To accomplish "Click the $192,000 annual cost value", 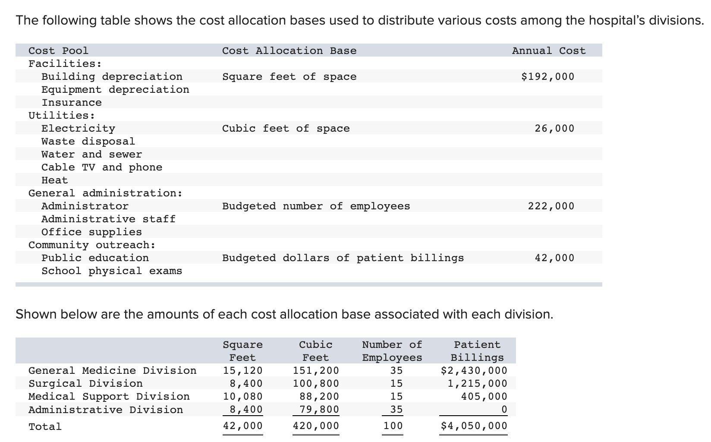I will pyautogui.click(x=547, y=77).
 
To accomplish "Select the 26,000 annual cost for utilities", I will pyautogui.click(x=554, y=129).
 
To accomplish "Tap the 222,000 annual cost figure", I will pyautogui.click(x=551, y=206).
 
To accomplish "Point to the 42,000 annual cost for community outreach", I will pyautogui.click(x=554, y=258).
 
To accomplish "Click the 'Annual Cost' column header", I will pyautogui.click(x=548, y=51).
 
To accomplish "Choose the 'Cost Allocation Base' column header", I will pyautogui.click(x=289, y=51).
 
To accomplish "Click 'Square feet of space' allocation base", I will pyautogui.click(x=289, y=77).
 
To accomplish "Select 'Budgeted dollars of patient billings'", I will pyautogui.click(x=343, y=258).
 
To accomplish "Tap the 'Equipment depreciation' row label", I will pyautogui.click(x=115, y=90).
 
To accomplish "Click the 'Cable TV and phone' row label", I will pyautogui.click(x=102, y=167).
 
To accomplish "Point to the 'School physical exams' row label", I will pyautogui.click(x=112, y=271).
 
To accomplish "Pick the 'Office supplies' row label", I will pyautogui.click(x=91, y=232).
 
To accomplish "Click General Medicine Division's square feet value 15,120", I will pyautogui.click(x=242, y=371).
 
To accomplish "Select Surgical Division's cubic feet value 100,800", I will pyautogui.click(x=316, y=384).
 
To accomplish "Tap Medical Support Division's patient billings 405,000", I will pyautogui.click(x=484, y=397).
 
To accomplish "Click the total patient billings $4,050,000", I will pyautogui.click(x=474, y=426).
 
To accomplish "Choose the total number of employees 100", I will pyautogui.click(x=393, y=426).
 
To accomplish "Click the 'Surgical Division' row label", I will pyautogui.click(x=85, y=384).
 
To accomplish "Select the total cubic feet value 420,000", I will pyautogui.click(x=316, y=426).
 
